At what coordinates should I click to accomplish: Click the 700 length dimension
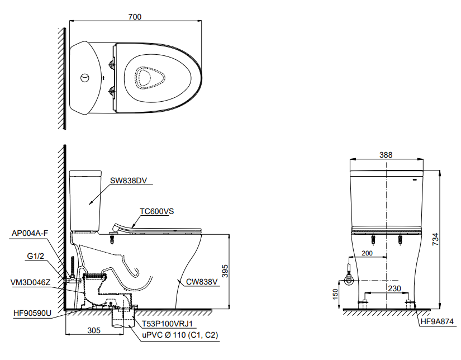pos(135,17)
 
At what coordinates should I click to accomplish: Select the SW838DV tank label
pos(129,181)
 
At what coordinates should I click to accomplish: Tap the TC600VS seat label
pos(156,211)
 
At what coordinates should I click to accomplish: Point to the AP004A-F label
pos(30,234)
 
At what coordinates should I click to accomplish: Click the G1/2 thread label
pos(36,256)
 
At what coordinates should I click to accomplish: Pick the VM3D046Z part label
pos(31,283)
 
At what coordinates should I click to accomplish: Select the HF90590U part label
pos(32,314)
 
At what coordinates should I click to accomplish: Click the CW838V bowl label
pos(202,282)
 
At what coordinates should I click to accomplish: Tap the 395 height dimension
pos(225,271)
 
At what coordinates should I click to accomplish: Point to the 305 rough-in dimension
pos(94,330)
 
